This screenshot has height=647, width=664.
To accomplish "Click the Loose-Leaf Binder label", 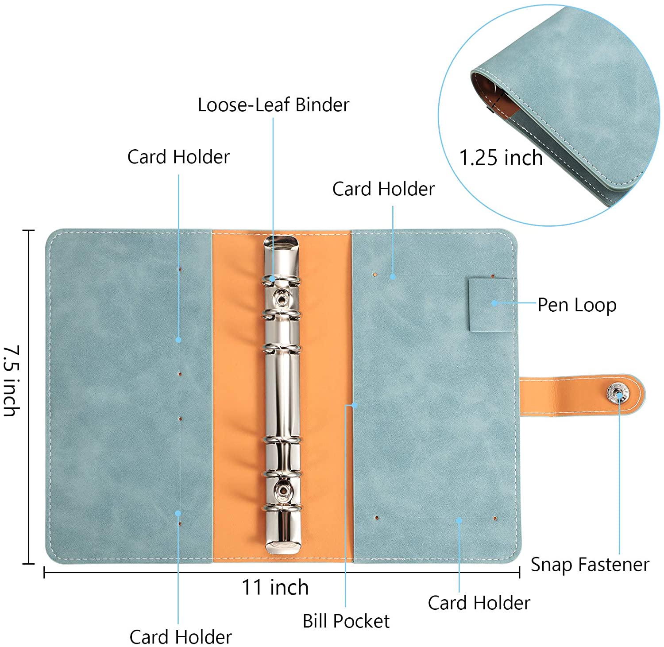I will (273, 105).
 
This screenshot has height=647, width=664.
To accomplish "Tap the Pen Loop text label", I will (577, 305).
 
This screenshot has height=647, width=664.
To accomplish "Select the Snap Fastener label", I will (590, 565).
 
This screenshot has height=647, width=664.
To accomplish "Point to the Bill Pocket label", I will (346, 621).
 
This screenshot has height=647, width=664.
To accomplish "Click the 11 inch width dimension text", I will (275, 588).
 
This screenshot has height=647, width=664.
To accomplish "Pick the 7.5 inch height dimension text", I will (12, 381).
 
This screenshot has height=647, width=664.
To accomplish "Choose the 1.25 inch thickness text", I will (501, 158).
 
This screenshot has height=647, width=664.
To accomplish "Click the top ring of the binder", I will (282, 280).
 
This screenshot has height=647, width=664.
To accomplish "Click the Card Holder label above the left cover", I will (178, 157).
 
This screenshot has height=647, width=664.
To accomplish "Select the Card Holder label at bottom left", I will (181, 637).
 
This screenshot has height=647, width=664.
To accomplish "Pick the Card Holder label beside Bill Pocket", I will (479, 603).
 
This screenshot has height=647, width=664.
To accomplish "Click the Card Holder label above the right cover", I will (383, 189).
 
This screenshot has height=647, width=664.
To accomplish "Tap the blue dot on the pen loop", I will (494, 303).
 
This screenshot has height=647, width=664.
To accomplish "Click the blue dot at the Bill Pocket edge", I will (354, 405).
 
